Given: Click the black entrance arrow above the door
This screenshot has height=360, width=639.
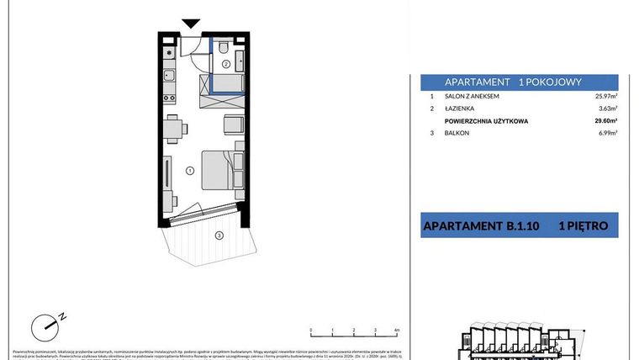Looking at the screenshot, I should pos(191,25).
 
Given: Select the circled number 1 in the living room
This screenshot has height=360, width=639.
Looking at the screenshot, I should pos(190,171).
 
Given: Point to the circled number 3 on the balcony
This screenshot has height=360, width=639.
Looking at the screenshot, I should pos(219,236).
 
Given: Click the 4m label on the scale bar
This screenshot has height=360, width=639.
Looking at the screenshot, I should pos(395,331).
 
